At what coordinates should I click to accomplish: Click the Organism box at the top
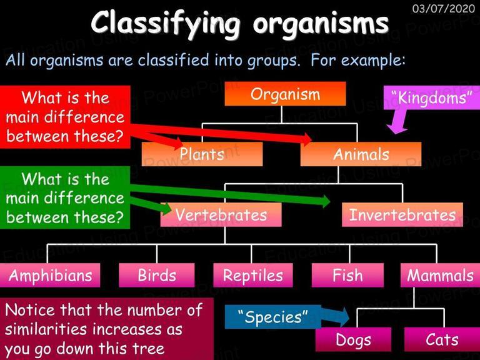coord(285,94)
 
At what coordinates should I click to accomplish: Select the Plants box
coord(202,154)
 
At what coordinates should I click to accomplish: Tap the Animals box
coord(361,154)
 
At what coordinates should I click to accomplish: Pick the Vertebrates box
coord(221,214)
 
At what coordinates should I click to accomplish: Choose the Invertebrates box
coord(402,214)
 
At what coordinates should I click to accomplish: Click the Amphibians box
coord(50,275)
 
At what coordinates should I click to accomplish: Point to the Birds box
coord(157,275)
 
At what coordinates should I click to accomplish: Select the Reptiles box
coord(253,275)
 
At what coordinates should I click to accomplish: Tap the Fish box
coord(347,275)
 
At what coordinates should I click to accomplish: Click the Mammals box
coord(440,275)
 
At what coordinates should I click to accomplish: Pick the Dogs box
coord(354,339)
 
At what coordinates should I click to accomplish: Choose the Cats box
coord(442,339)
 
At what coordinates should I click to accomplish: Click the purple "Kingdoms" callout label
coord(432,98)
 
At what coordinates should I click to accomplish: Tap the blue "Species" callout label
coord(272,317)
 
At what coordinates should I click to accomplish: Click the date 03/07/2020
coord(443,9)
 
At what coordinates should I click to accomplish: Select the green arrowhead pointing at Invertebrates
coord(324,201)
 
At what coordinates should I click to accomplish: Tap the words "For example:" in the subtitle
coord(358,60)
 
